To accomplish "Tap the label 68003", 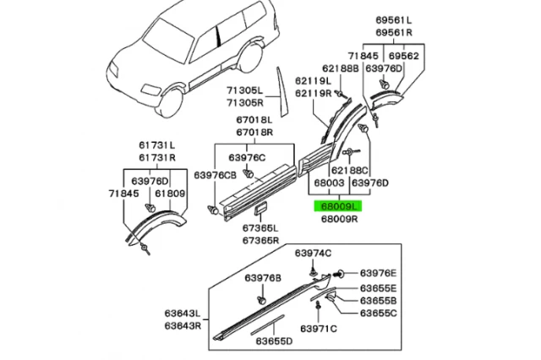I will point(328,183).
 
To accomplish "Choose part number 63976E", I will point(378,272).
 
